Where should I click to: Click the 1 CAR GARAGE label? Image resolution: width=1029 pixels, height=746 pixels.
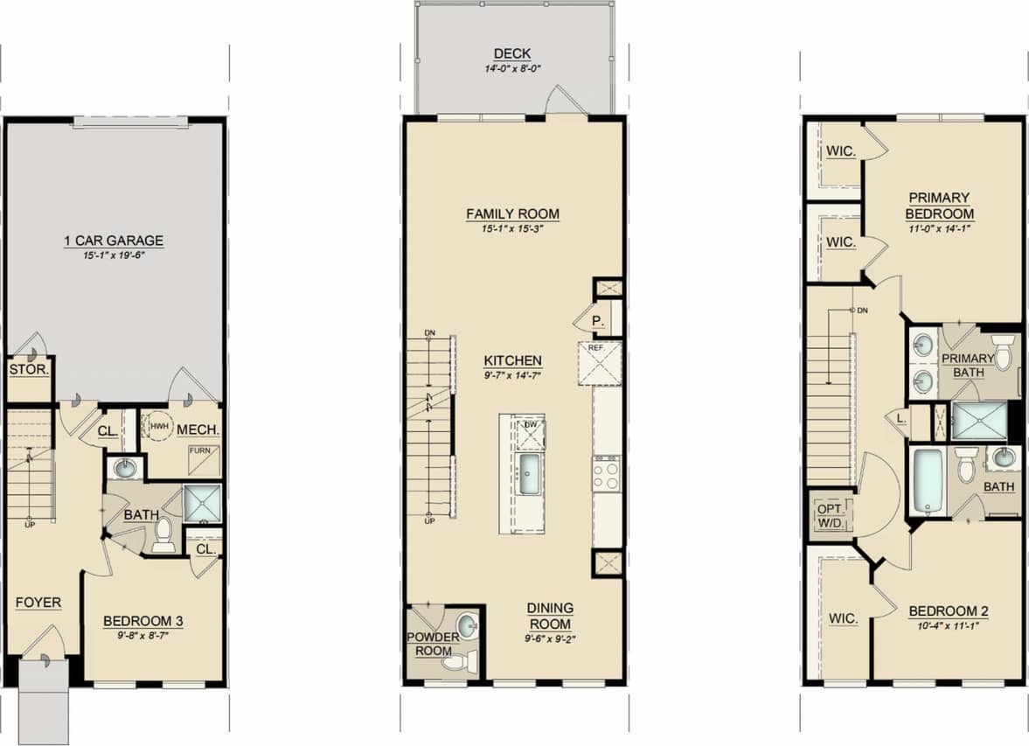114,241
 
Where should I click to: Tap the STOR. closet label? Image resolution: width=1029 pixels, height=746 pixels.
28,370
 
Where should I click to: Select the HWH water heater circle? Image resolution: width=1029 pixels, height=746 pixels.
158,427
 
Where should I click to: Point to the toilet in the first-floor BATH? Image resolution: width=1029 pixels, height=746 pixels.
163,535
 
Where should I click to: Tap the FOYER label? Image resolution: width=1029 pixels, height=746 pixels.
38,603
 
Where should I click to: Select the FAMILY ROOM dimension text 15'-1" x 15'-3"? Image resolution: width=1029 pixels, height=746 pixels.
512,229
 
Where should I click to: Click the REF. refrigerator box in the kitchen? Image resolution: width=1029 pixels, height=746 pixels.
599,363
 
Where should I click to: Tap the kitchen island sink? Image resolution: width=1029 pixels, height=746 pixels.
530,474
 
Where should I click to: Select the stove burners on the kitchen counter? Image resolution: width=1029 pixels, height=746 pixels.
606,475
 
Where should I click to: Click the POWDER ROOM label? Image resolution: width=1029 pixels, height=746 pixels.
433,644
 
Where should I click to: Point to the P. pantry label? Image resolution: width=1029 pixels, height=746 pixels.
598,321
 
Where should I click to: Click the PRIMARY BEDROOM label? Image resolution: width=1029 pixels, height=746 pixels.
939,206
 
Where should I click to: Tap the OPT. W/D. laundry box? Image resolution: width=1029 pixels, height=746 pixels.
828,515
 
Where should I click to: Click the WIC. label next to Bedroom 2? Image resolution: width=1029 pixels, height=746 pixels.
844,618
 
